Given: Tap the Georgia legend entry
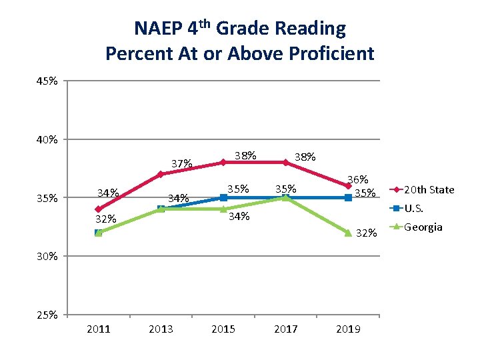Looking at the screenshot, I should (423, 227).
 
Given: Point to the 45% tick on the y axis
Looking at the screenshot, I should (47, 81).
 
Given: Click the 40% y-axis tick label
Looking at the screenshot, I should (47, 139).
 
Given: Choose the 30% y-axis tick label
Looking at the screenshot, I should (47, 256).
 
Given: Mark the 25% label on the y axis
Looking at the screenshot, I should (47, 314).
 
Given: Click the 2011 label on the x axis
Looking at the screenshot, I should (99, 329).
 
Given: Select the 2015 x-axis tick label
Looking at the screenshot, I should (223, 329).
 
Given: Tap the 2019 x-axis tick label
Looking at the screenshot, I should (348, 329).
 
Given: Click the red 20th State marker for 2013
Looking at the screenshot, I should (161, 174).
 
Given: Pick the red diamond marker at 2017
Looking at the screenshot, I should (285, 162).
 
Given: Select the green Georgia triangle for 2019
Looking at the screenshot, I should (348, 232).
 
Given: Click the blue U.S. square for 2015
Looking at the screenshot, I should (223, 197).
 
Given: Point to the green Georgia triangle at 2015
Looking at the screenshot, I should (223, 209).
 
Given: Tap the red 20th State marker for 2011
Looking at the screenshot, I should (99, 209).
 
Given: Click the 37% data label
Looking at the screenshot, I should (182, 163).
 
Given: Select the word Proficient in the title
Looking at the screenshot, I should (334, 53).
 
